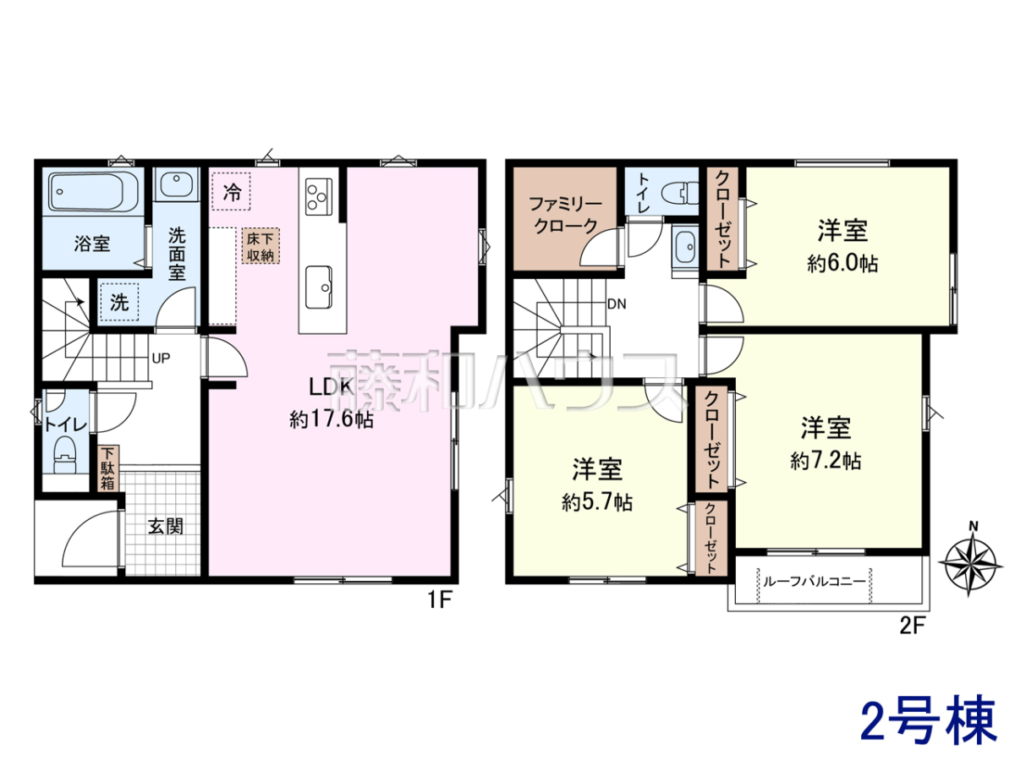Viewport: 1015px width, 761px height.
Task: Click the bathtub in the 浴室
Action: pos(86,192)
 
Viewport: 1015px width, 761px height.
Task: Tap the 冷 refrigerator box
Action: pos(231,192)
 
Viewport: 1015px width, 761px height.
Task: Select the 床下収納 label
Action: pos(261,246)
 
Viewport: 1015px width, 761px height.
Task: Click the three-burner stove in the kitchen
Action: pos(319,196)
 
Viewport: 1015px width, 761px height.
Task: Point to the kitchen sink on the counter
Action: pos(319,287)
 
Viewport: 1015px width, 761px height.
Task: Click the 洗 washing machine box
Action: pos(119,302)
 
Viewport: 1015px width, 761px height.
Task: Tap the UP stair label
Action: pos(161,358)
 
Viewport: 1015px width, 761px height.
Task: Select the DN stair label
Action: pos(617,304)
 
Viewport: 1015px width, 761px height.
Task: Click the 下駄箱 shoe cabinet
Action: pos(108,468)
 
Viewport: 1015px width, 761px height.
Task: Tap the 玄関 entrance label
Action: pos(166,527)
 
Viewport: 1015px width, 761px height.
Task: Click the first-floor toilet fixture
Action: pos(66,456)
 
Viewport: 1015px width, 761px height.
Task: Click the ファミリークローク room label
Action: pos(566,215)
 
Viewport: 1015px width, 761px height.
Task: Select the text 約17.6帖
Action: pos(332,420)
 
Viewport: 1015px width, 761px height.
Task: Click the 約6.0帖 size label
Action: pos(842,264)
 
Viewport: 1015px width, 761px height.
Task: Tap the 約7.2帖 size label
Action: pos(826,461)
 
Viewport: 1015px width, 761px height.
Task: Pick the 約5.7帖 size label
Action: pos(597,501)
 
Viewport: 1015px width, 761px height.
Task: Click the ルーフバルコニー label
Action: pos(814,581)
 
